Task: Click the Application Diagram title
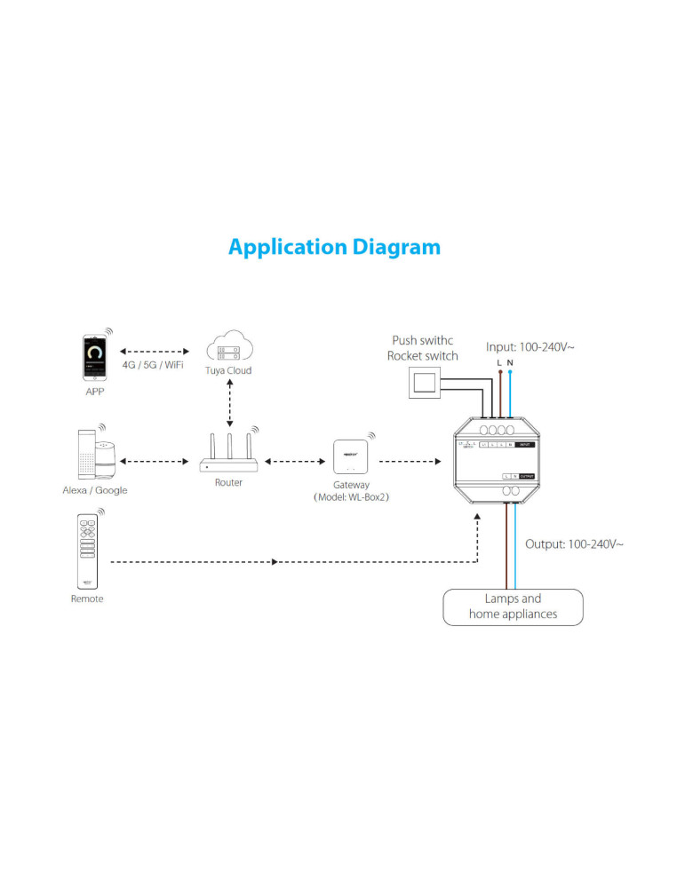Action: coord(334,246)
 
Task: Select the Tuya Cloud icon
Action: coord(229,345)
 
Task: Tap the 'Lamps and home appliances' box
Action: coord(514,607)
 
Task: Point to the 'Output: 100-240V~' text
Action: coord(574,543)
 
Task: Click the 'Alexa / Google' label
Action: coord(95,490)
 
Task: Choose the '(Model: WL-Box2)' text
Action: coord(352,497)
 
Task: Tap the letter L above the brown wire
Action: coord(499,363)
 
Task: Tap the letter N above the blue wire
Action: coord(510,363)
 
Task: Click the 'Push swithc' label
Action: coord(423,340)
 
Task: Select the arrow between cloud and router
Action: coord(229,401)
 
